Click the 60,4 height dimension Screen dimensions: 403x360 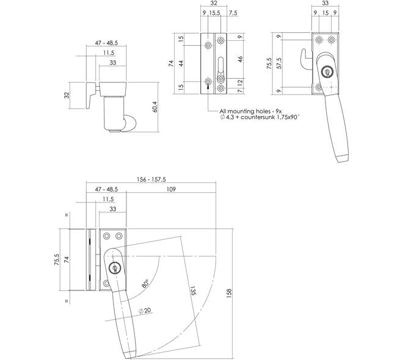coord(154,106)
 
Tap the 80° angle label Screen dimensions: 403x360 coord(145,284)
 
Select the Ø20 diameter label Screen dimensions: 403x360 coord(145,311)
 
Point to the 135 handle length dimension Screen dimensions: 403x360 coord(194,290)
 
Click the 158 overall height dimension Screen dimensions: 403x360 coord(229,293)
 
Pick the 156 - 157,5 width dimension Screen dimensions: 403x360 coord(151,179)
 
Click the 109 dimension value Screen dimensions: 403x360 coord(171,189)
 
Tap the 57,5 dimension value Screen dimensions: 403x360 coord(279,63)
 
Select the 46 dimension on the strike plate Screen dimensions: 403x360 coord(241,59)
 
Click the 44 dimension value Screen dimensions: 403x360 coord(181,63)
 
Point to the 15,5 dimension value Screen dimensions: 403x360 coord(214,13)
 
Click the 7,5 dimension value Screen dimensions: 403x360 coord(233,13)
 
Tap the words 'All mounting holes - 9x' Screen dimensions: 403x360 coord(250,111)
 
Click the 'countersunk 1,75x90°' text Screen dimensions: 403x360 coord(270,117)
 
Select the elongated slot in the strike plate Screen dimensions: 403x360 coord(220,67)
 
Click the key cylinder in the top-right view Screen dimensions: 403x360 coord(327,72)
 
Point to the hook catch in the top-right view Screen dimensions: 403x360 coord(307,60)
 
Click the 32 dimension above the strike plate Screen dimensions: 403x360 coord(214,3)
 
